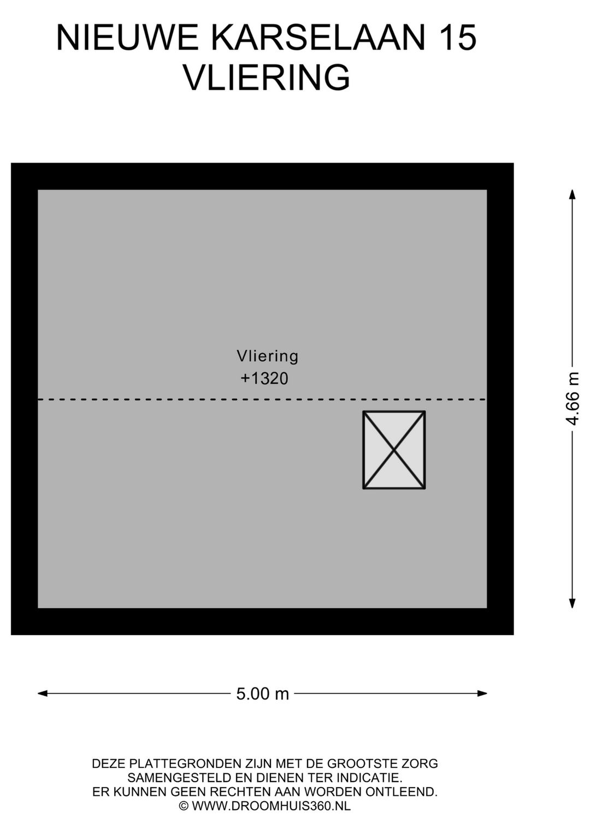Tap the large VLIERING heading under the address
pyautogui.click(x=267, y=78)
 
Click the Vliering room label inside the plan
pyautogui.click(x=267, y=356)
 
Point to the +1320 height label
pyautogui.click(x=264, y=379)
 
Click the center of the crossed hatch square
pyautogui.click(x=394, y=450)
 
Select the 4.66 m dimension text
pyautogui.click(x=572, y=398)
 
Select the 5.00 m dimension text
pyautogui.click(x=262, y=694)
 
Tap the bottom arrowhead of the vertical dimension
pyautogui.click(x=573, y=603)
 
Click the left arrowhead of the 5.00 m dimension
pyautogui.click(x=43, y=693)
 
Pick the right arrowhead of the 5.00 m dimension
pyautogui.click(x=482, y=693)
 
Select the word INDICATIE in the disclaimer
pyautogui.click(x=369, y=778)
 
